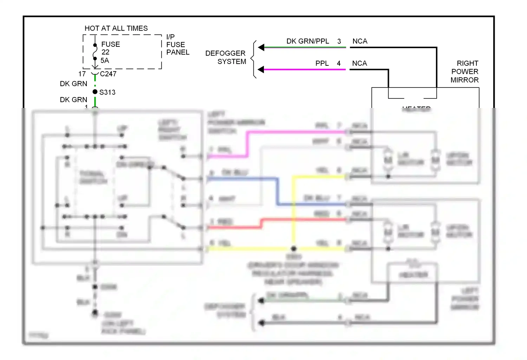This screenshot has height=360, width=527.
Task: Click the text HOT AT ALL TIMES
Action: coord(116,28)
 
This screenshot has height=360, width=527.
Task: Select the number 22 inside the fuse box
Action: coord(105,52)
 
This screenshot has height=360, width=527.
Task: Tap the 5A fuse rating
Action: coord(105,60)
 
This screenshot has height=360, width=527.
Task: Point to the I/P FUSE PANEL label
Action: coord(177,45)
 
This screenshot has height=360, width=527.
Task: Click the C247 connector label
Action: coord(108,74)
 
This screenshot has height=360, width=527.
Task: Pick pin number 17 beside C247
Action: coord(82,74)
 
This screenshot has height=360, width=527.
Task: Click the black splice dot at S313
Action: coord(95,92)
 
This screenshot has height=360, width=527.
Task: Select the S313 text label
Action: coord(108,92)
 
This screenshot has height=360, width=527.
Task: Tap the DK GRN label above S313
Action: coord(73,84)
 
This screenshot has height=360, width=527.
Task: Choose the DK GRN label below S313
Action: coord(73,100)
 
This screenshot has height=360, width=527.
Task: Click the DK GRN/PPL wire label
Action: coord(307,41)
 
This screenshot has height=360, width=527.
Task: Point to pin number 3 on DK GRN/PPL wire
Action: coord(339,41)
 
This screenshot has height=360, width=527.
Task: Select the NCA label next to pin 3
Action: coord(360,41)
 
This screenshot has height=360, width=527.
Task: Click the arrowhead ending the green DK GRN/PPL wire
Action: coord(261,47)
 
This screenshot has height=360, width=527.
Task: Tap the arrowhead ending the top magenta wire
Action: coord(261,69)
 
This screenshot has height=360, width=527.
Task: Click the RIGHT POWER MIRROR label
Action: coord(464,72)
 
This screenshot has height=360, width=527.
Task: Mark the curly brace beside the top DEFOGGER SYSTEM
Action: coord(253,59)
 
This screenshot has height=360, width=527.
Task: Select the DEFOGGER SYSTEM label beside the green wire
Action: coord(226,57)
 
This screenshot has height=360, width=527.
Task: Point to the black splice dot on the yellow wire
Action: coord(294,249)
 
